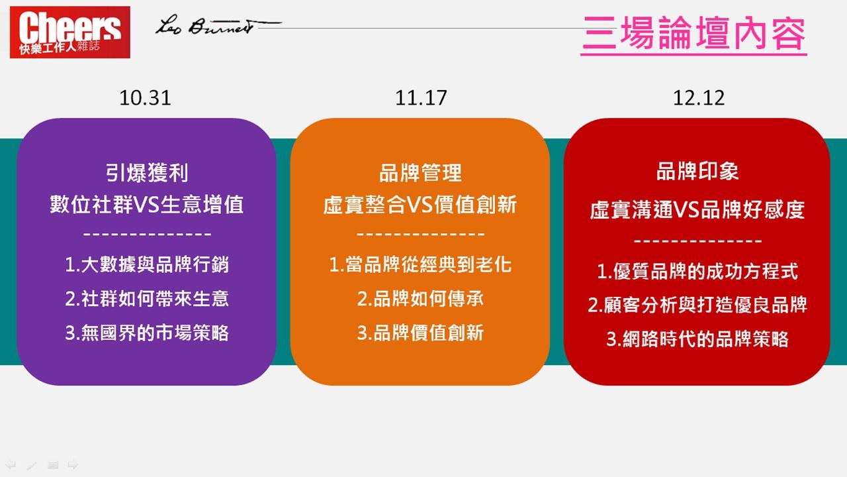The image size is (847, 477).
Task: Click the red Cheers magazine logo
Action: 70,32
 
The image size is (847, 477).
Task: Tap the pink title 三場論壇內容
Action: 694,33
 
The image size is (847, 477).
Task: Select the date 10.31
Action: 145,98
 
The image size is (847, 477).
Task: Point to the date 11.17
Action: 421,98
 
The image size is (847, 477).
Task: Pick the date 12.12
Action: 699,98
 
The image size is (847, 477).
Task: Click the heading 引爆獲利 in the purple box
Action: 147,173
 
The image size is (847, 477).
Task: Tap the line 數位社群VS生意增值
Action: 147,205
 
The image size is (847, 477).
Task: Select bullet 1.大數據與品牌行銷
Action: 147,264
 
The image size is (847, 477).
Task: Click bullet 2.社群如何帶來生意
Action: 147,299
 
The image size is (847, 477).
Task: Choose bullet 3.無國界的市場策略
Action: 147,333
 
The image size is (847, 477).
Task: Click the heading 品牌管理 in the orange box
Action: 420,173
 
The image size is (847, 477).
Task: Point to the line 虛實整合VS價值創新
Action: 420,205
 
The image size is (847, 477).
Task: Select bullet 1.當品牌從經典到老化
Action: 420,264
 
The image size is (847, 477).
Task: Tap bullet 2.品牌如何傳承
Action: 420,299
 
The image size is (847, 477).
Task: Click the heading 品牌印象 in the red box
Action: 697,172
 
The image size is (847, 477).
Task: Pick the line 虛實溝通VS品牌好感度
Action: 697,210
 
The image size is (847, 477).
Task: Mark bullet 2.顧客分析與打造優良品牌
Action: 697,305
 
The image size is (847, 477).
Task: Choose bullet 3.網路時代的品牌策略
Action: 697,339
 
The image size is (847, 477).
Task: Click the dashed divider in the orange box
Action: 420,235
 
